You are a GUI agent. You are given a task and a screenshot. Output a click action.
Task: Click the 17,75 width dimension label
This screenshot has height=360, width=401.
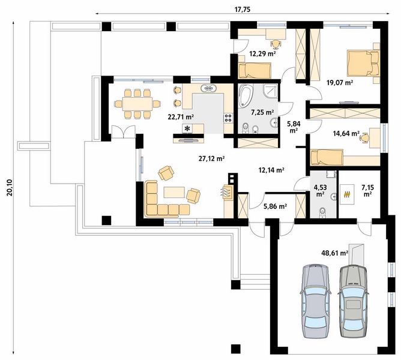pyautogui.click(x=243, y=10)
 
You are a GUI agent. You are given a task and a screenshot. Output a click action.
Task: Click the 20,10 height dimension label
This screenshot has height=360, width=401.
pyautogui.click(x=10, y=187)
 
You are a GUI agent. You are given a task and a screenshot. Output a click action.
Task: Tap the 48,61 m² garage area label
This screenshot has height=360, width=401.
pyautogui.click(x=335, y=253)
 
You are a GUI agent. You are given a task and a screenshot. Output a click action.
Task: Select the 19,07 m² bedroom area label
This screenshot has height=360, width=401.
pyautogui.click(x=340, y=82)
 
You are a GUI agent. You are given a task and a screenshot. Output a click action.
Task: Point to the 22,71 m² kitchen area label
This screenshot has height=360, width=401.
pyautogui.click(x=181, y=117)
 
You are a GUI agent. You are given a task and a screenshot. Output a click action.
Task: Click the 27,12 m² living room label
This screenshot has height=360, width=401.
pyautogui.click(x=212, y=159)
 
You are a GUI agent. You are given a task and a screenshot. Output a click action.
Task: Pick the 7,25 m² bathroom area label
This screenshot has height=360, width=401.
pyautogui.click(x=262, y=112)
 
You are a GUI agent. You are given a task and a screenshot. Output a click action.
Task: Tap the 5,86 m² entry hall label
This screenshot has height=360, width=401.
pyautogui.click(x=275, y=206)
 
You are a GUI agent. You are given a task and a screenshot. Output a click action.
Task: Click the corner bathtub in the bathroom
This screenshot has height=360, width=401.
pyautogui.click(x=246, y=95)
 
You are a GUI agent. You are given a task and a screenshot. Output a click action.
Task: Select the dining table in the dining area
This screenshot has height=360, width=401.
pyautogui.click(x=137, y=104)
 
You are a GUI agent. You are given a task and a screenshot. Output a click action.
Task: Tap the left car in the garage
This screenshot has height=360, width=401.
pyautogui.click(x=315, y=301)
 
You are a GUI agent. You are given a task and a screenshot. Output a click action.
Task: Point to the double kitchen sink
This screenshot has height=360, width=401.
pyautogui.click(x=209, y=88)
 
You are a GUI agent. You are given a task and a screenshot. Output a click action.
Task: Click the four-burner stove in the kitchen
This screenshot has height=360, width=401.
pyautogui.click(x=228, y=118)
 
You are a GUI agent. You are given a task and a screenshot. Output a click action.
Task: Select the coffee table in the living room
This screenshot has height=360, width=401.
pyautogui.click(x=174, y=192)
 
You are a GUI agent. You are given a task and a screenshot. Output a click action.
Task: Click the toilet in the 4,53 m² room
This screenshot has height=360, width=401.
pyautogui.click(x=322, y=212)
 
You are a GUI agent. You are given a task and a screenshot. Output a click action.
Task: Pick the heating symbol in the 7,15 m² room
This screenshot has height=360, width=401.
pyautogui.click(x=347, y=194)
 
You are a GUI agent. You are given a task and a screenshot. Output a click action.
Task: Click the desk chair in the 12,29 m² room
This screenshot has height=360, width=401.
pyautogui.click(x=276, y=44)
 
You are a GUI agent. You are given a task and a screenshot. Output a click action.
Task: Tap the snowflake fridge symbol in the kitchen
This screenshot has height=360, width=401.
pyautogui.click(x=187, y=128)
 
